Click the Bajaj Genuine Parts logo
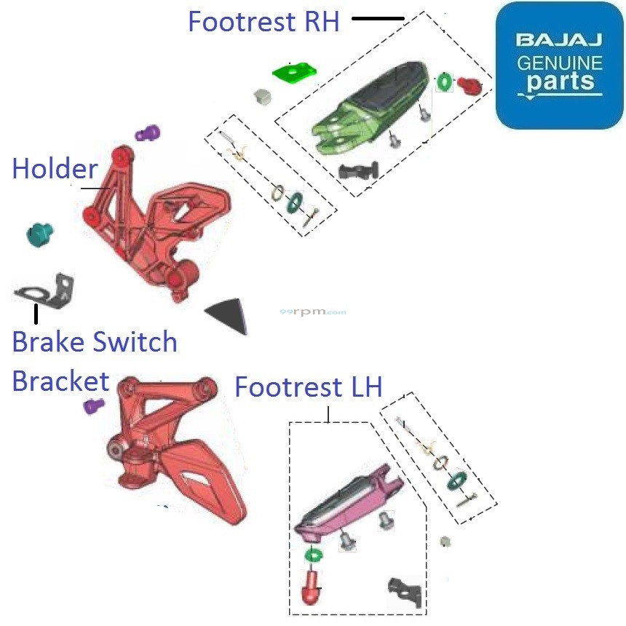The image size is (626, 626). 559,66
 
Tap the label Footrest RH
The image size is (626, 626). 264,22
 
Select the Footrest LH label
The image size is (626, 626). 308,387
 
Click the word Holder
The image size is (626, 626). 55,169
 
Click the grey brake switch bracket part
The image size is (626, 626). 45,289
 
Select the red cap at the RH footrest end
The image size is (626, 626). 469,87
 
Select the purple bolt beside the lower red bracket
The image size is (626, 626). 94,405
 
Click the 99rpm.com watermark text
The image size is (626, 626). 313,312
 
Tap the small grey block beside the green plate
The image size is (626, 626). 262,96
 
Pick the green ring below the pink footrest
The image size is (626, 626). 314,555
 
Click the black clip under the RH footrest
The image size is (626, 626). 359,172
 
